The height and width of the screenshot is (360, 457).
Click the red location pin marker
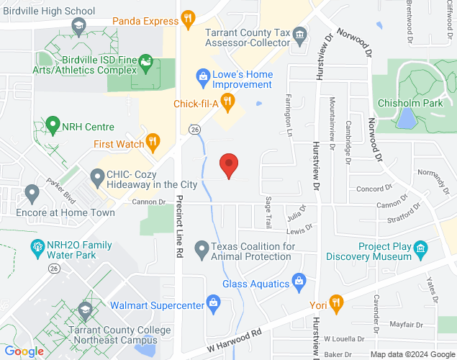point(229,166)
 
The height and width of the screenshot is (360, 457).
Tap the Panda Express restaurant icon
point(187,17)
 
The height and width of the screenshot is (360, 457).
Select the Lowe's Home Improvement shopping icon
point(204,75)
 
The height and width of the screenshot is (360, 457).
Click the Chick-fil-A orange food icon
point(227,101)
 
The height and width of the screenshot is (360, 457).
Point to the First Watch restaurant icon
point(153,141)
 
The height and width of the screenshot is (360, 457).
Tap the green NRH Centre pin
point(52,125)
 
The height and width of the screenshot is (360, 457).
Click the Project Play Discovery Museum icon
point(421,251)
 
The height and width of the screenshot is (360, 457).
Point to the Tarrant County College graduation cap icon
point(85,310)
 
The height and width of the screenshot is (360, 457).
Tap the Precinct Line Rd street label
point(180,224)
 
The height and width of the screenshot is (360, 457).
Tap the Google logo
point(23,351)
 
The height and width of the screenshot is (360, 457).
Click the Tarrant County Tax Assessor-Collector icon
point(301,34)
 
